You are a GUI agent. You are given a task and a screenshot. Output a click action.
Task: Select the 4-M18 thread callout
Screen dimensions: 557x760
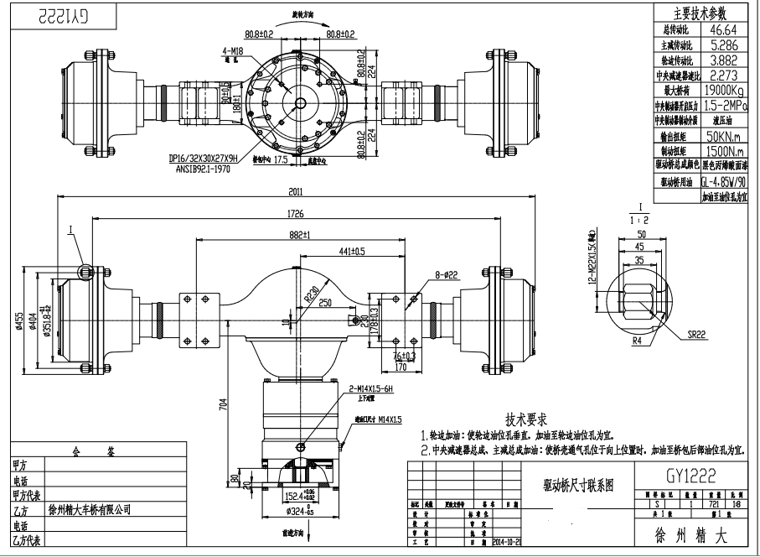[233, 50]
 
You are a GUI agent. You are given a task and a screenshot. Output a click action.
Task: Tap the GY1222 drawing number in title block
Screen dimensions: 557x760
[691, 476]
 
